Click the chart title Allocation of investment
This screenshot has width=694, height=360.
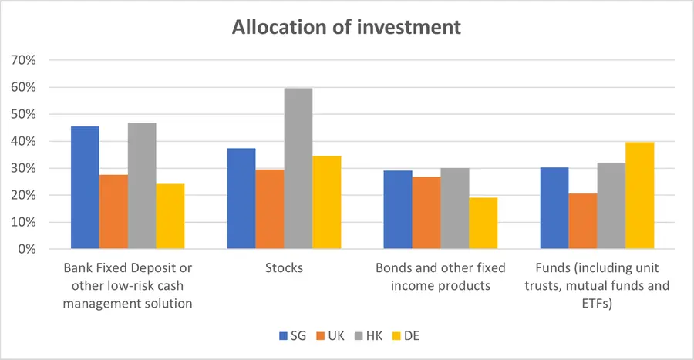(347, 27)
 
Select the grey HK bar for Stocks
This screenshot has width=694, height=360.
(298, 169)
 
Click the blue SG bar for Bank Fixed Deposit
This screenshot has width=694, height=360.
(85, 187)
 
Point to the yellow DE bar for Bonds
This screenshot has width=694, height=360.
(483, 224)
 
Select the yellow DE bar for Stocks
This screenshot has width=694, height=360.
(326, 203)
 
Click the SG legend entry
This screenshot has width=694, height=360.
(291, 335)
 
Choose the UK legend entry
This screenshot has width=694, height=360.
(330, 335)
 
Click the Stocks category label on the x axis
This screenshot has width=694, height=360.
(284, 268)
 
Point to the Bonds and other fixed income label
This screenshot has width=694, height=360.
(440, 277)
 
